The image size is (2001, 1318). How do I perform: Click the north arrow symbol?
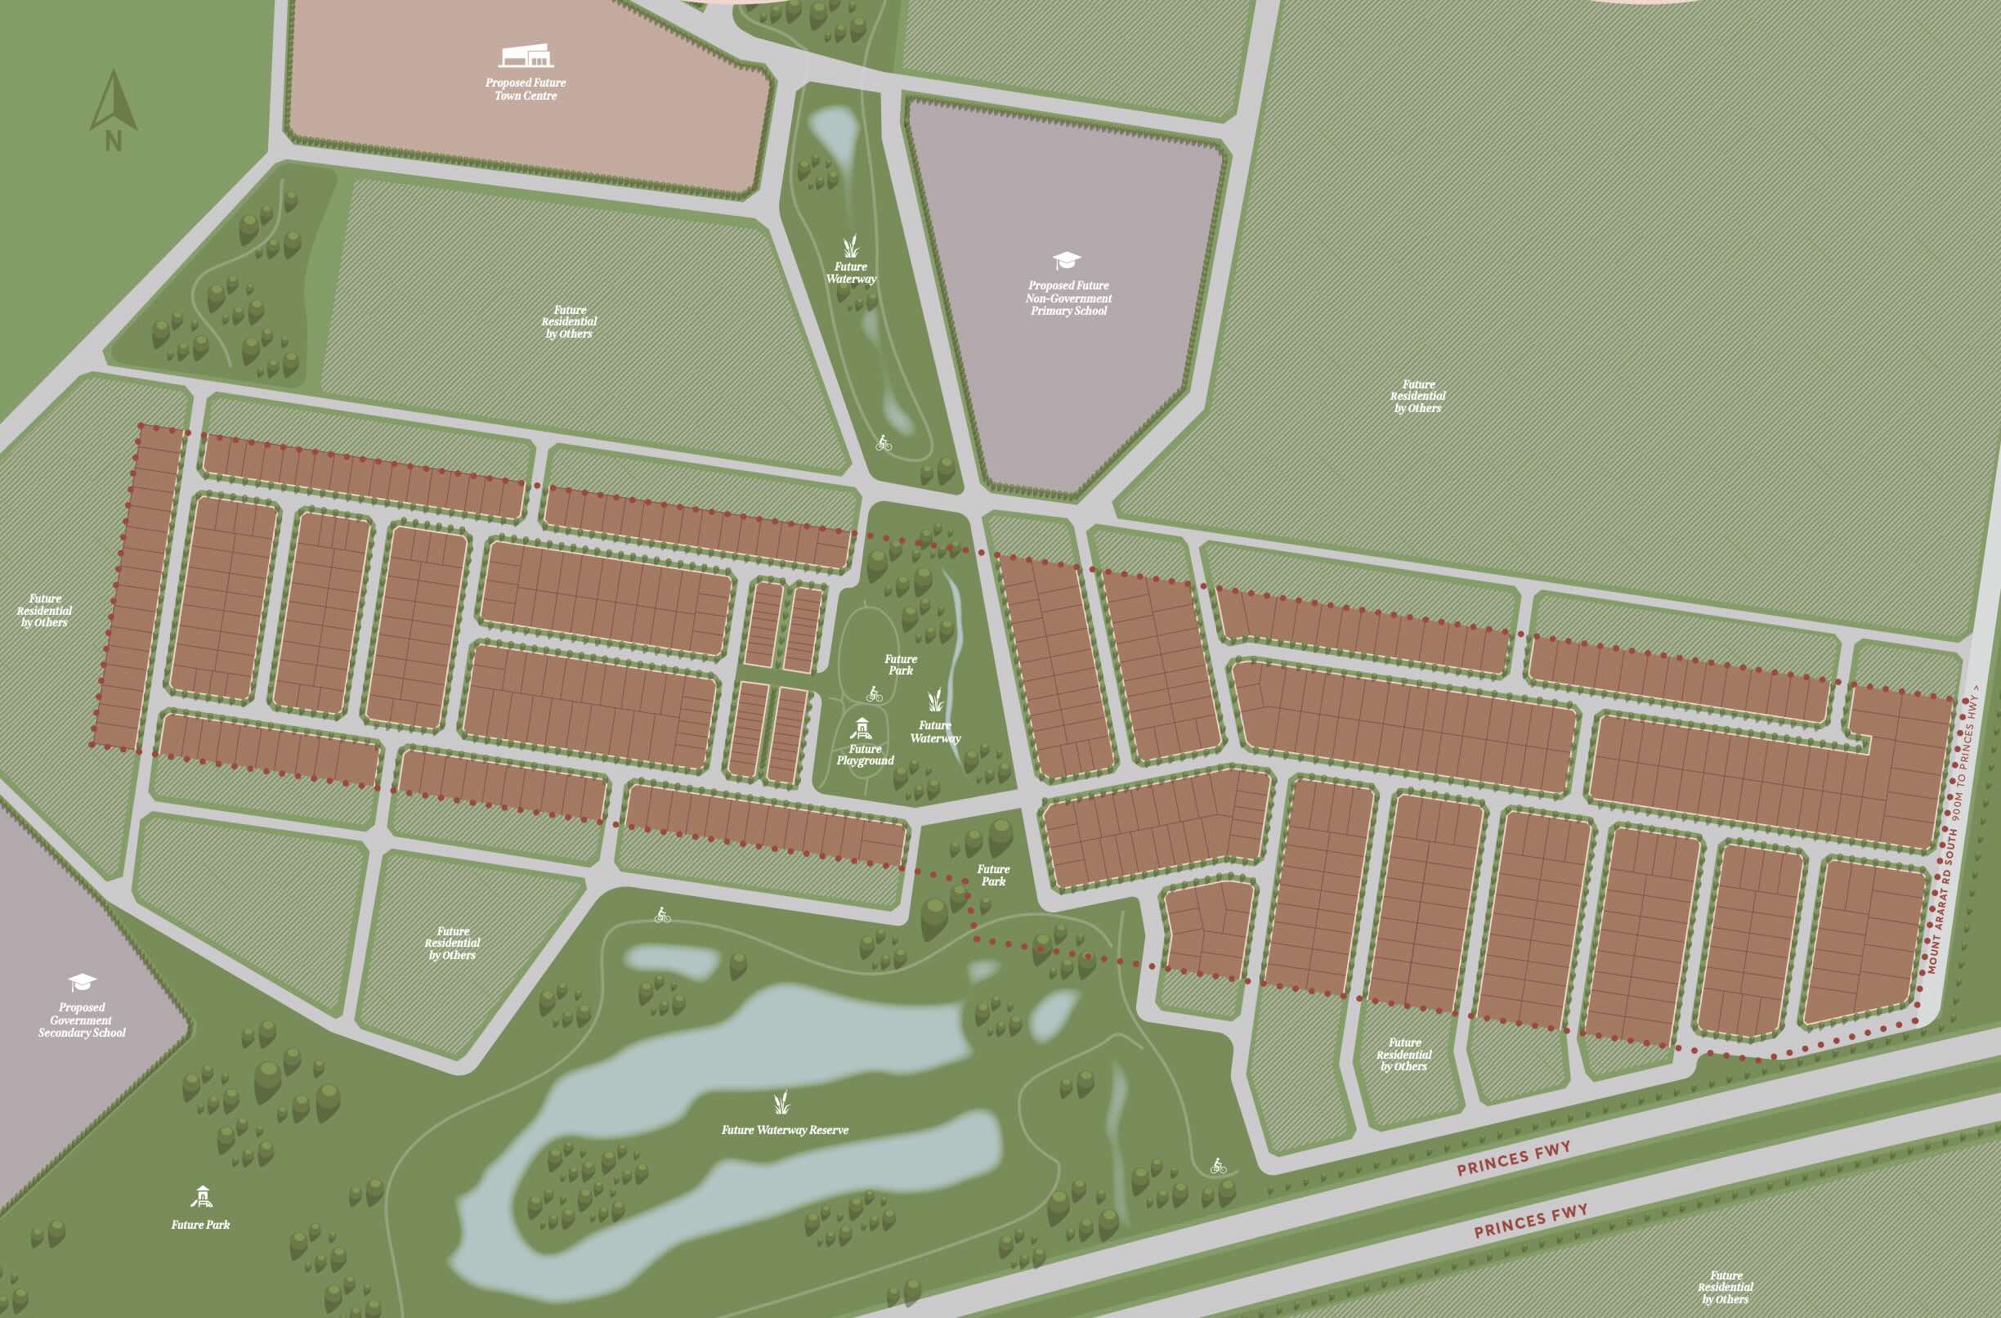coord(114,101)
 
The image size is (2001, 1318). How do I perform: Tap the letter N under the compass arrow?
coord(114,141)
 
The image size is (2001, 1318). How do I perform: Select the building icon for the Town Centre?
coord(526,56)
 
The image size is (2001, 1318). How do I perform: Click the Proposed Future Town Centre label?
coord(526,89)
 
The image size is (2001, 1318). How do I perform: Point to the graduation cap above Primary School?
coord(1067,260)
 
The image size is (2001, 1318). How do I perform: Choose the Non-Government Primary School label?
coord(1068,298)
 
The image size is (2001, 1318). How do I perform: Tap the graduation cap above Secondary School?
coord(83,982)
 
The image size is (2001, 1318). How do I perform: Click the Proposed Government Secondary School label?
coord(82,1020)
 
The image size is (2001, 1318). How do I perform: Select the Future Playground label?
coord(865,755)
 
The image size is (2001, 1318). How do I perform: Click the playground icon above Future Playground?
coord(862,728)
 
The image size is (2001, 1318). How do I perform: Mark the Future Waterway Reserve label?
coord(785,1131)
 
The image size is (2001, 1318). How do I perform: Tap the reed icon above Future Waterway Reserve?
coord(782,1102)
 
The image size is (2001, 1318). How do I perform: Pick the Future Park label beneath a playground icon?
coord(200,1225)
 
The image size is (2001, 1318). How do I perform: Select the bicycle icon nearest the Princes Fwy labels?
coord(1218,1166)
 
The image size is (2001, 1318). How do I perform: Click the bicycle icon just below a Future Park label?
coord(875,694)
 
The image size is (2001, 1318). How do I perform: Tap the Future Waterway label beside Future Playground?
coord(935,732)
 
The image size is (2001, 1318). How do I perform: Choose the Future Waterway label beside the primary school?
coord(851,272)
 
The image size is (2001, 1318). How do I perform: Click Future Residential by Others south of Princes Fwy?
coord(1726,1287)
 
